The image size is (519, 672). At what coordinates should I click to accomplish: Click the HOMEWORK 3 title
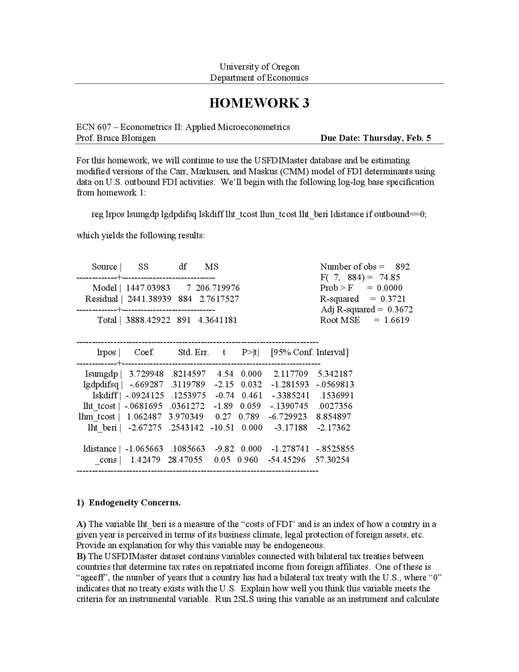259,103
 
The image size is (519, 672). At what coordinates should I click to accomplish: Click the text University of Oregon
259,67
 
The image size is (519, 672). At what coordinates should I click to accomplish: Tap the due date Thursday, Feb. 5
397,138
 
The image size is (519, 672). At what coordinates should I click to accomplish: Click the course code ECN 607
94,127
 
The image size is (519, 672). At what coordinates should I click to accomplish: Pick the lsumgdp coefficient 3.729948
146,374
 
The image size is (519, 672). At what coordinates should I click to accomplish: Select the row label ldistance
100,449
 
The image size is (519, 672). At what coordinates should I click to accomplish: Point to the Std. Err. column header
193,352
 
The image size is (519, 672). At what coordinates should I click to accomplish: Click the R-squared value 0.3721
392,299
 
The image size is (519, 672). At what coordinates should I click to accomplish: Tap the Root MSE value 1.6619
397,320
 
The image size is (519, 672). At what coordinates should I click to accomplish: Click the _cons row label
105,460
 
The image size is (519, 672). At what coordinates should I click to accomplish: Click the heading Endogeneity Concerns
135,503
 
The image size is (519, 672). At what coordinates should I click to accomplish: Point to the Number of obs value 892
402,267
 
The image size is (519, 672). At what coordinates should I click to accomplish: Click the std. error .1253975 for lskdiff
188,395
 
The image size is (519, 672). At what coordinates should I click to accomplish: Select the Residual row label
101,299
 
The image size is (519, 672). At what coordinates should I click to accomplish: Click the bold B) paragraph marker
81,556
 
